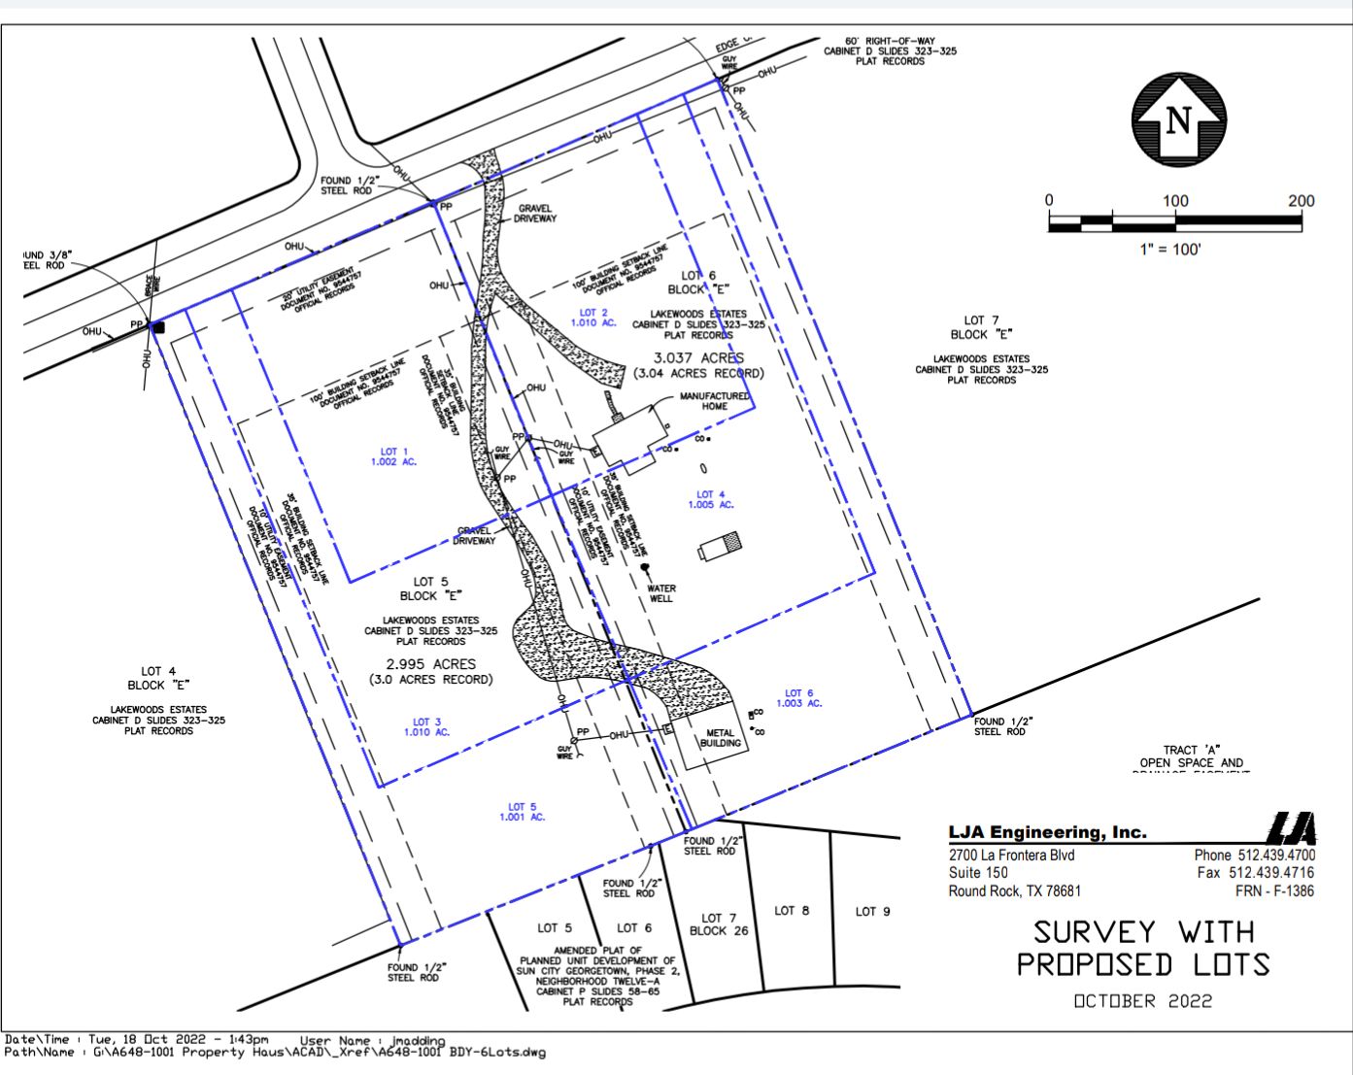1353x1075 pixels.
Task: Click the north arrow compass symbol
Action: (1177, 120)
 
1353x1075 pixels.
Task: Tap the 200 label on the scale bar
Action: (1301, 201)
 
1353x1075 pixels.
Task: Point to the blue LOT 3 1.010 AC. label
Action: (427, 726)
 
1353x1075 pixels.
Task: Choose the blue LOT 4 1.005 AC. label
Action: (711, 500)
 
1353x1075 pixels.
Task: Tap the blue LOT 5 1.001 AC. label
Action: (523, 812)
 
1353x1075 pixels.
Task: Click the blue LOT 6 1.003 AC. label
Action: (799, 698)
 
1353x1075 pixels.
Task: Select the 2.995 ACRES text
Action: (431, 664)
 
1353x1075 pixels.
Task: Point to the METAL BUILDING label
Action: (721, 738)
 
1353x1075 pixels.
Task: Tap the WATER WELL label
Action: (660, 593)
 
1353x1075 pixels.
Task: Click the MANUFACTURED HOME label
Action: (714, 401)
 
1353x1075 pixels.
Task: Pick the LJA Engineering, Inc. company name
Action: (1047, 832)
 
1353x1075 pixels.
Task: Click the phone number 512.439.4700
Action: (1276, 856)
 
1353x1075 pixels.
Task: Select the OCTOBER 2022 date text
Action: (1142, 1001)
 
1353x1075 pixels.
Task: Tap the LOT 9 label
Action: (872, 911)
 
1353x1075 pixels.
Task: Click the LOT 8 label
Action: (792, 911)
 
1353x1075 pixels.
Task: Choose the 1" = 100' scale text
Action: (1170, 250)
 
